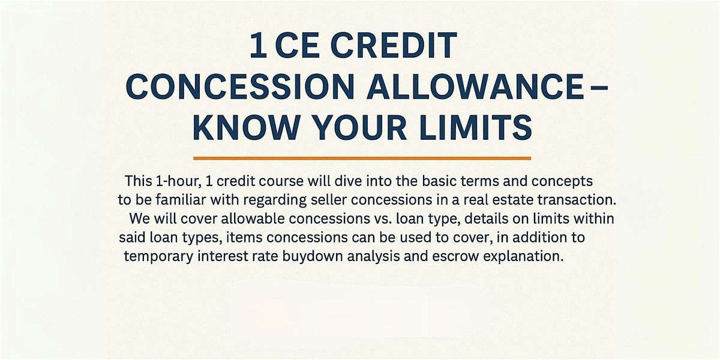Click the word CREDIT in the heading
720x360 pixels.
coord(394,46)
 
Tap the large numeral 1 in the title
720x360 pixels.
coord(258,46)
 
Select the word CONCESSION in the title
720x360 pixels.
coord(240,87)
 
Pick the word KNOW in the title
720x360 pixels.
coord(246,128)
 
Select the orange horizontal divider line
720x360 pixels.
coord(362,158)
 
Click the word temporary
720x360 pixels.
coord(159,257)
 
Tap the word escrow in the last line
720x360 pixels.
coord(455,257)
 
